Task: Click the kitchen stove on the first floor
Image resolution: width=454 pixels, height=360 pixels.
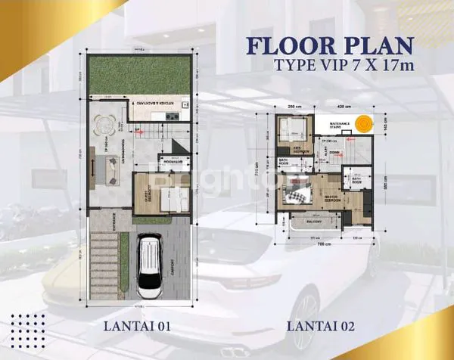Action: point(172,117)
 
